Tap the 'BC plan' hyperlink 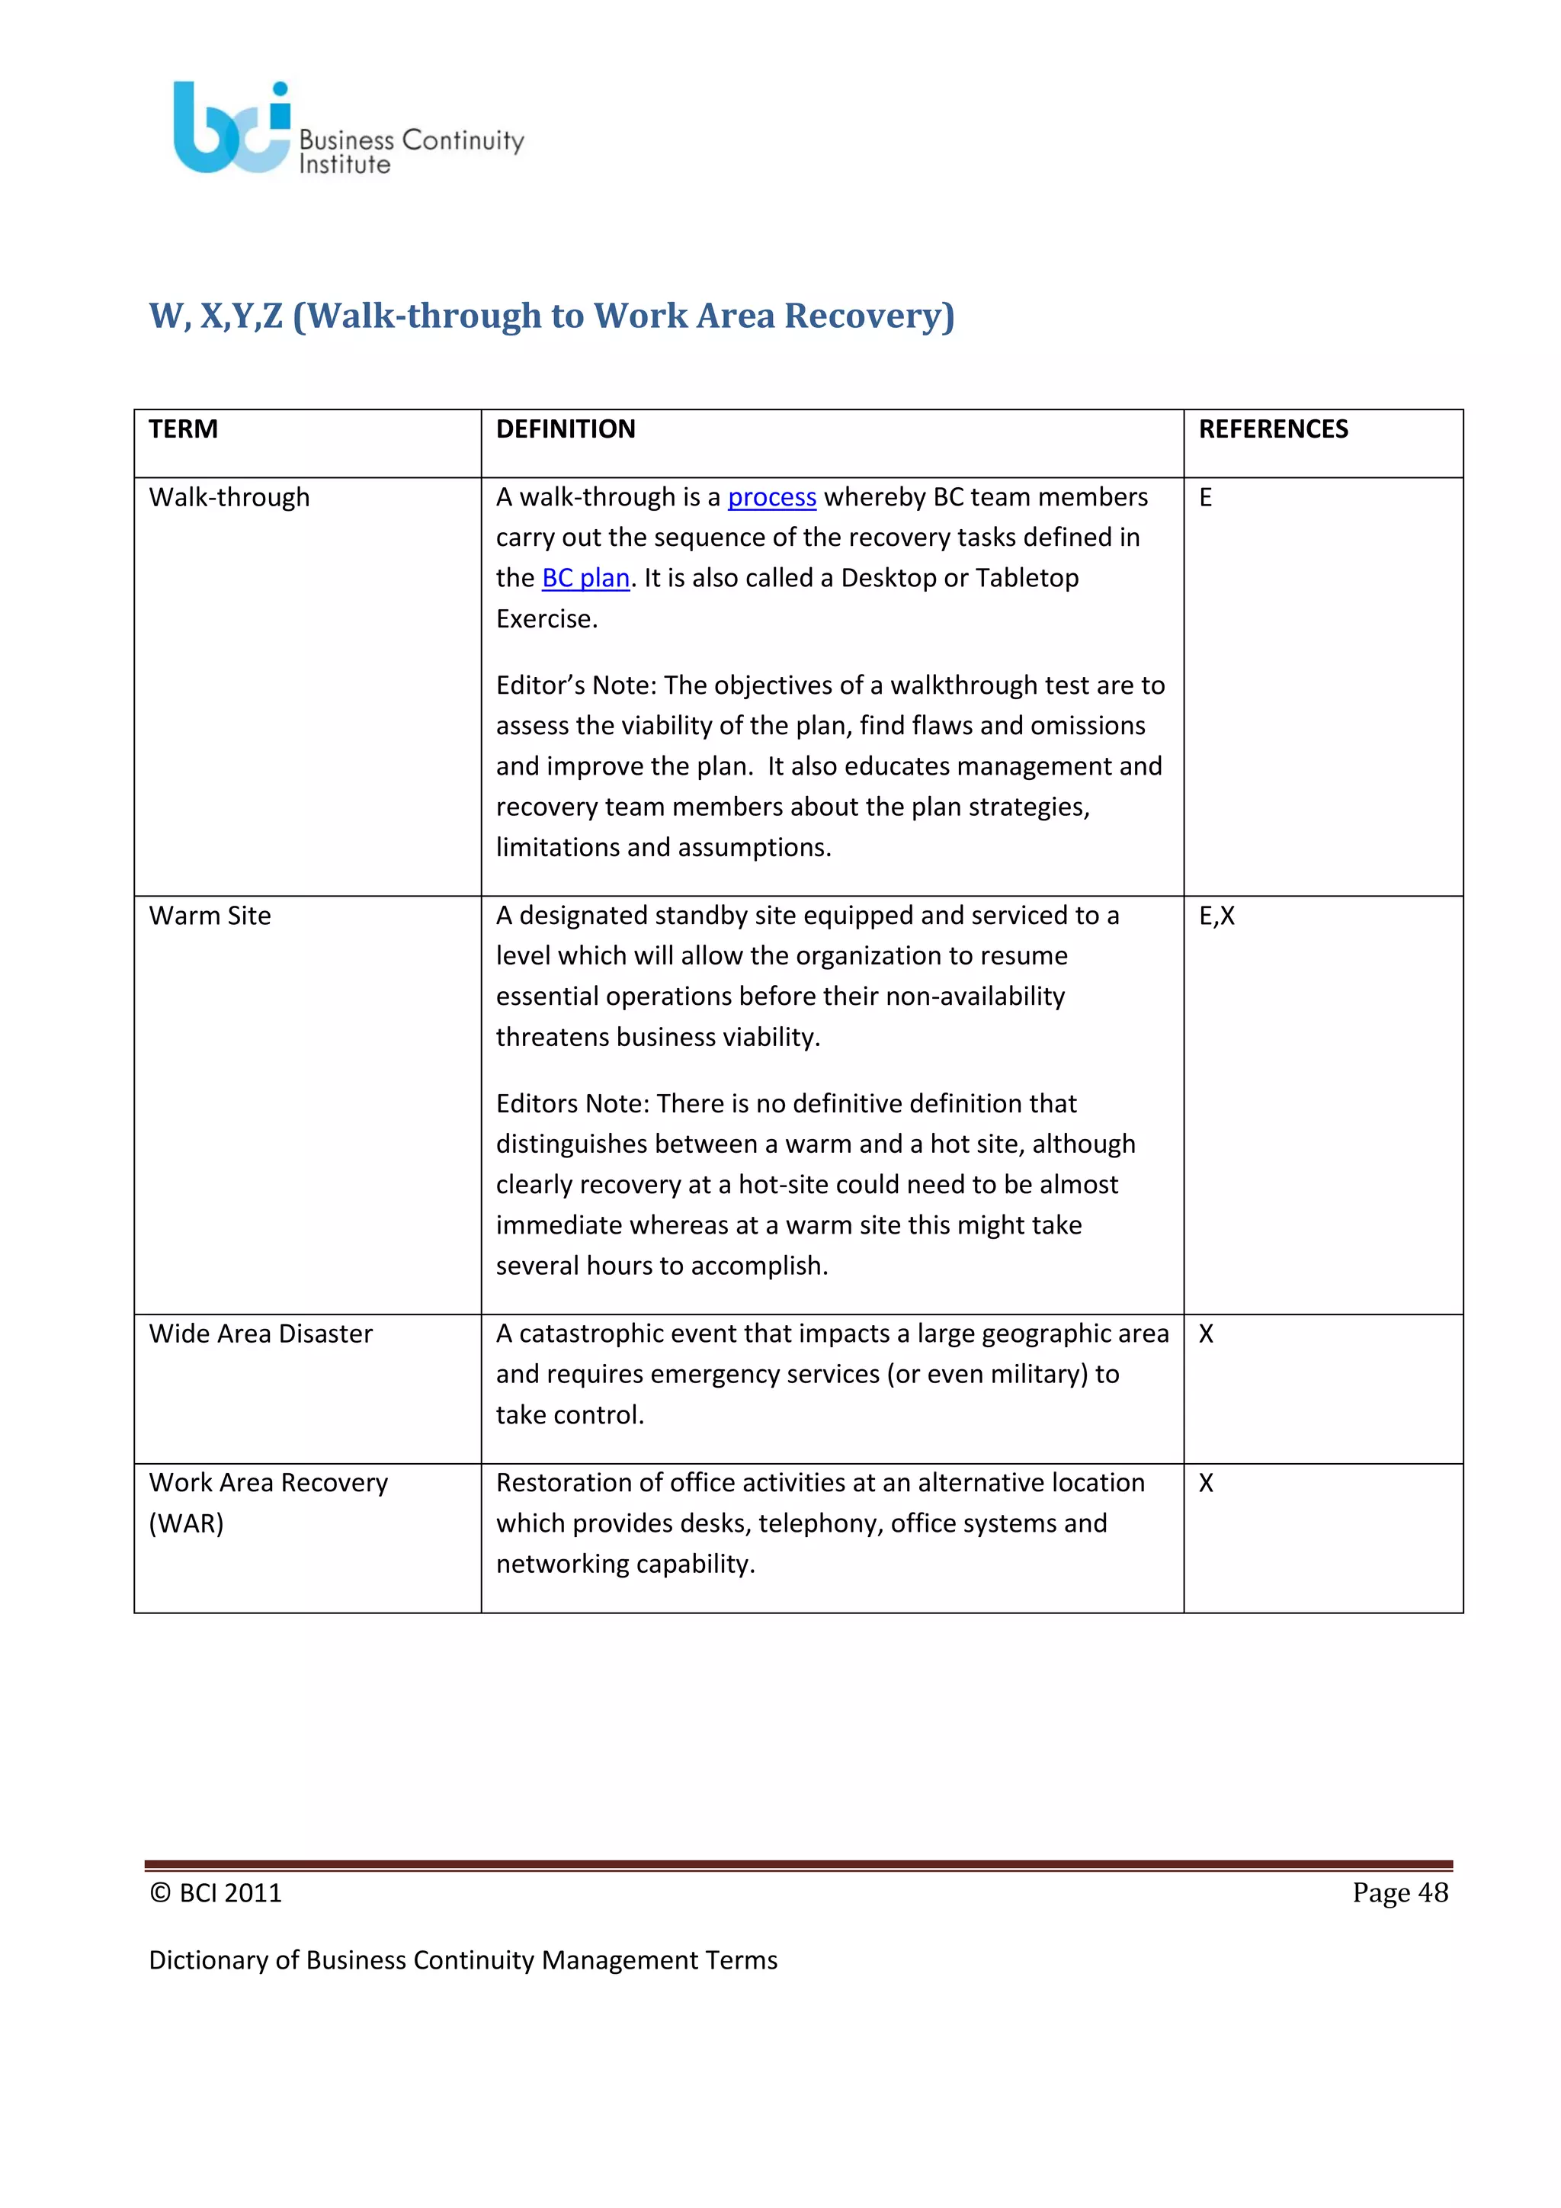[x=585, y=578]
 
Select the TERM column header [x=184, y=429]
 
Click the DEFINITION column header [x=566, y=429]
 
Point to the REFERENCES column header [x=1273, y=429]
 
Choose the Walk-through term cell [x=229, y=497]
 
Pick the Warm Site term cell [x=210, y=916]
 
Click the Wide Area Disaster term [x=261, y=1333]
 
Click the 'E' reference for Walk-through [x=1205, y=497]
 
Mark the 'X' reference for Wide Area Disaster [x=1205, y=1333]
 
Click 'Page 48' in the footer [x=1399, y=1892]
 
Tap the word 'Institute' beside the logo [x=344, y=165]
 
